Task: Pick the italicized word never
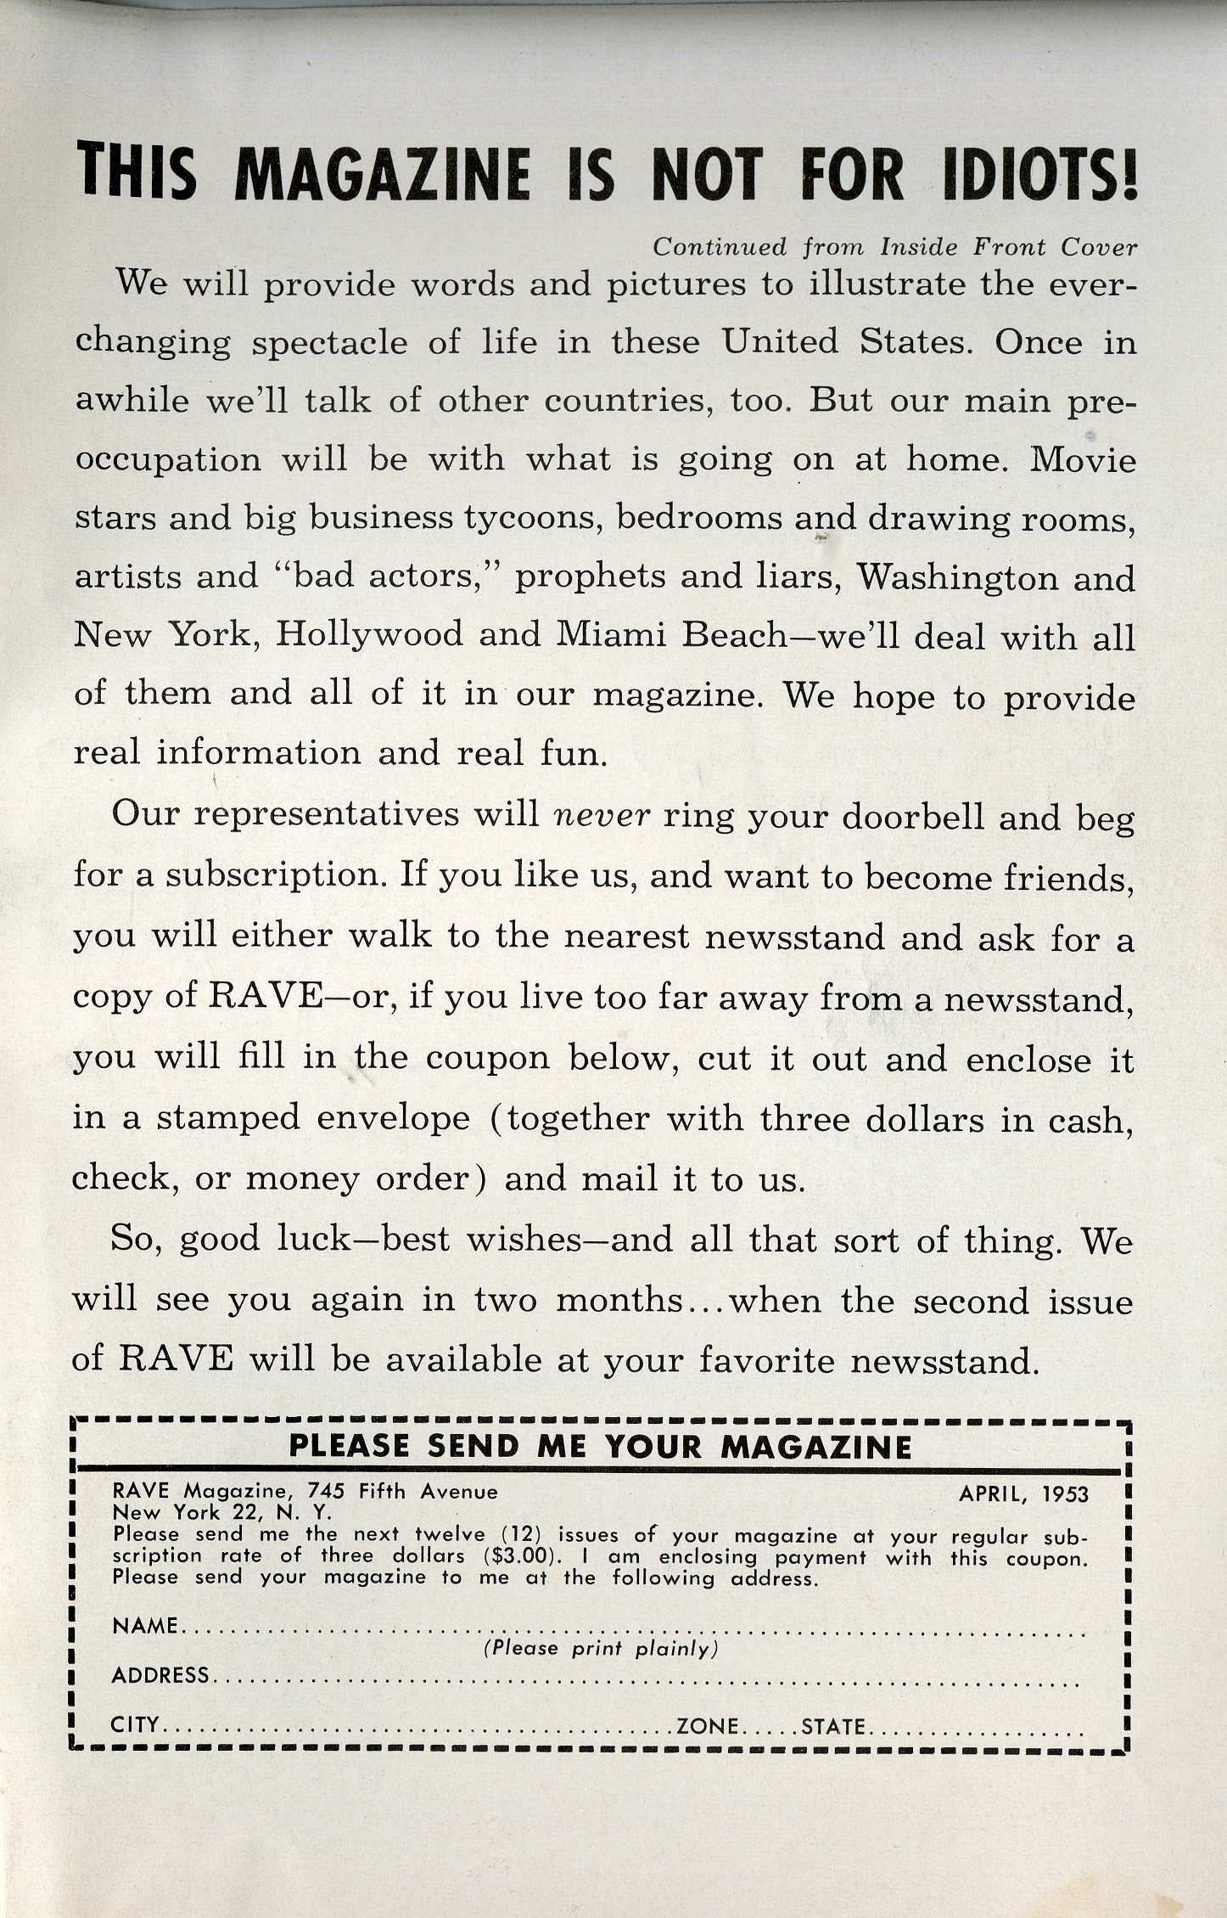pos(601,815)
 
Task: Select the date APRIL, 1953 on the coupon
pos(1023,1493)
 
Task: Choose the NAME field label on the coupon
pos(145,1625)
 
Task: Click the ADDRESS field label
pos(160,1674)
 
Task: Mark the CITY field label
pos(136,1725)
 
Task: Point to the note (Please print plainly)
pos(601,1649)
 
